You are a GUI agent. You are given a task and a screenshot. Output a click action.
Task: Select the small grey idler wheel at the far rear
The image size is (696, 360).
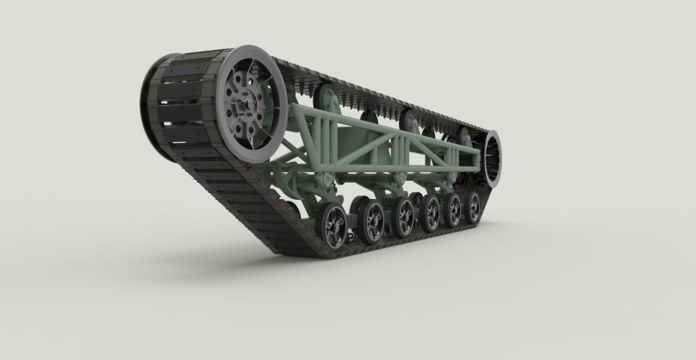[x=494, y=158]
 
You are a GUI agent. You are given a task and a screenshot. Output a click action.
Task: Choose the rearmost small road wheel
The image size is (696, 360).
[x=473, y=207]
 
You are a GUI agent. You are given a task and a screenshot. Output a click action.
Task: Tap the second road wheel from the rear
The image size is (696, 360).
[x=451, y=209]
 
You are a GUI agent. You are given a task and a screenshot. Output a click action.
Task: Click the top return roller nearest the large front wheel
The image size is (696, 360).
[x=325, y=94]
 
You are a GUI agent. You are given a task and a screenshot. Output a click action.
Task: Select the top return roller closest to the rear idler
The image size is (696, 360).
[x=464, y=135]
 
